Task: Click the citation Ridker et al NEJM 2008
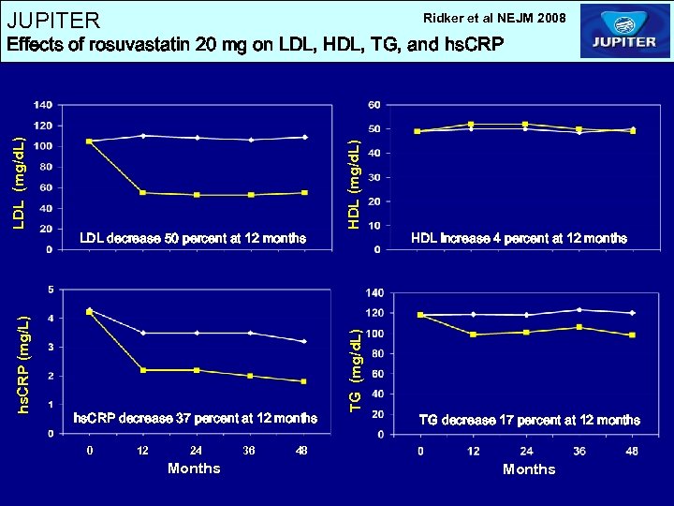coord(494,18)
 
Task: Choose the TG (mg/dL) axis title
coord(355,366)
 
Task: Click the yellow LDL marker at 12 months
coord(142,193)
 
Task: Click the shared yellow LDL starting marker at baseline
coord(89,141)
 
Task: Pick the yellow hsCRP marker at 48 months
coord(304,381)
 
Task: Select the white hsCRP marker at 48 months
coord(304,341)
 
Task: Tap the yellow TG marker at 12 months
coord(474,335)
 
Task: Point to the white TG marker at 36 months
coord(579,309)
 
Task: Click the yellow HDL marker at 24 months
coord(525,125)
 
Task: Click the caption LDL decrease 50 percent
coord(192,238)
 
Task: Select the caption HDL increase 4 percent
coord(520,238)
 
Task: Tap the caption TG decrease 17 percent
coord(529,420)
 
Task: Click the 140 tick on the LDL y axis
coord(42,104)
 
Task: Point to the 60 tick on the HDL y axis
coord(374,104)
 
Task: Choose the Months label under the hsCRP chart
coord(194,469)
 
